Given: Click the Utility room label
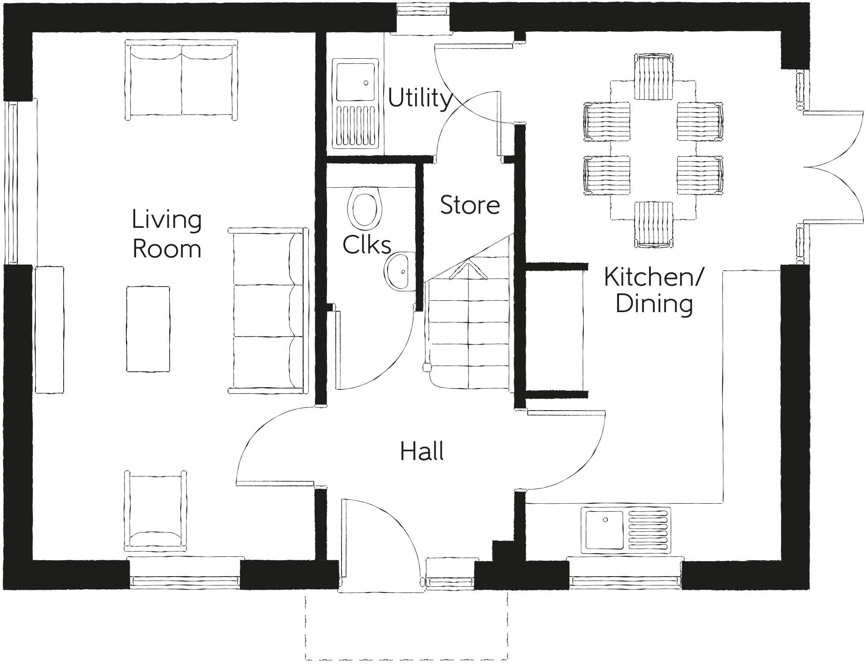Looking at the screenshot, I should click(420, 98).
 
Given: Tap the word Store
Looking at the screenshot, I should click(470, 205).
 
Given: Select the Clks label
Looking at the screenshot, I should click(367, 245).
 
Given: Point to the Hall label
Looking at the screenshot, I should click(422, 452).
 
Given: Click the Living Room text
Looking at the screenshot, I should click(167, 234).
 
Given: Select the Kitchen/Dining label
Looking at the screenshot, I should click(653, 290).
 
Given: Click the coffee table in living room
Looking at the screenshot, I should click(148, 329).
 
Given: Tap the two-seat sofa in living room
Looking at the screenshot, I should click(181, 79).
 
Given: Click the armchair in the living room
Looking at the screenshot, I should click(156, 510).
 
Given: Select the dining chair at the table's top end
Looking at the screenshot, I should click(654, 77).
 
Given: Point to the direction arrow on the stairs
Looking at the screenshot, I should click(468, 270).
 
